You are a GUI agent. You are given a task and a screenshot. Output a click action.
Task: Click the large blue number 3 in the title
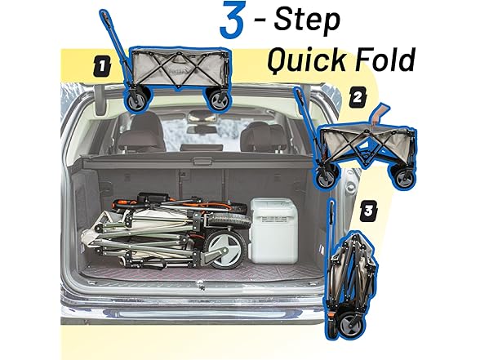pyautogui.click(x=233, y=20)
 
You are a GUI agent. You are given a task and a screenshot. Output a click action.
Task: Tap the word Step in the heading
pyautogui.click(x=307, y=20)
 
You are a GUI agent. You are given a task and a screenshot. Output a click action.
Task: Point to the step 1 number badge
pyautogui.click(x=101, y=67)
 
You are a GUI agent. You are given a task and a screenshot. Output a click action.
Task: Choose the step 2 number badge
pyautogui.click(x=358, y=97)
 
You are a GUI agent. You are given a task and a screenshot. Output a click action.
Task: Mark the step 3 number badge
pyautogui.click(x=368, y=211)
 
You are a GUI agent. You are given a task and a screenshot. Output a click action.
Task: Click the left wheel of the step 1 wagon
pyautogui.click(x=137, y=100)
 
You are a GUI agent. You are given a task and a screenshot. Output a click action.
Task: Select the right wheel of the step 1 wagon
pyautogui.click(x=219, y=100)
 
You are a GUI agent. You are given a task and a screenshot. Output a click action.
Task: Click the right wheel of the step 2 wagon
pyautogui.click(x=404, y=177)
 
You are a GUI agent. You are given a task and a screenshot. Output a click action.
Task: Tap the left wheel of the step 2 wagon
pyautogui.click(x=326, y=177)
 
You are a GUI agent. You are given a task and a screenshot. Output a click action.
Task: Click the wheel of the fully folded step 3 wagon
pyautogui.click(x=350, y=325)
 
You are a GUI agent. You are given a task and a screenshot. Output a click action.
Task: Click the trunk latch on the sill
pyautogui.click(x=200, y=285)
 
